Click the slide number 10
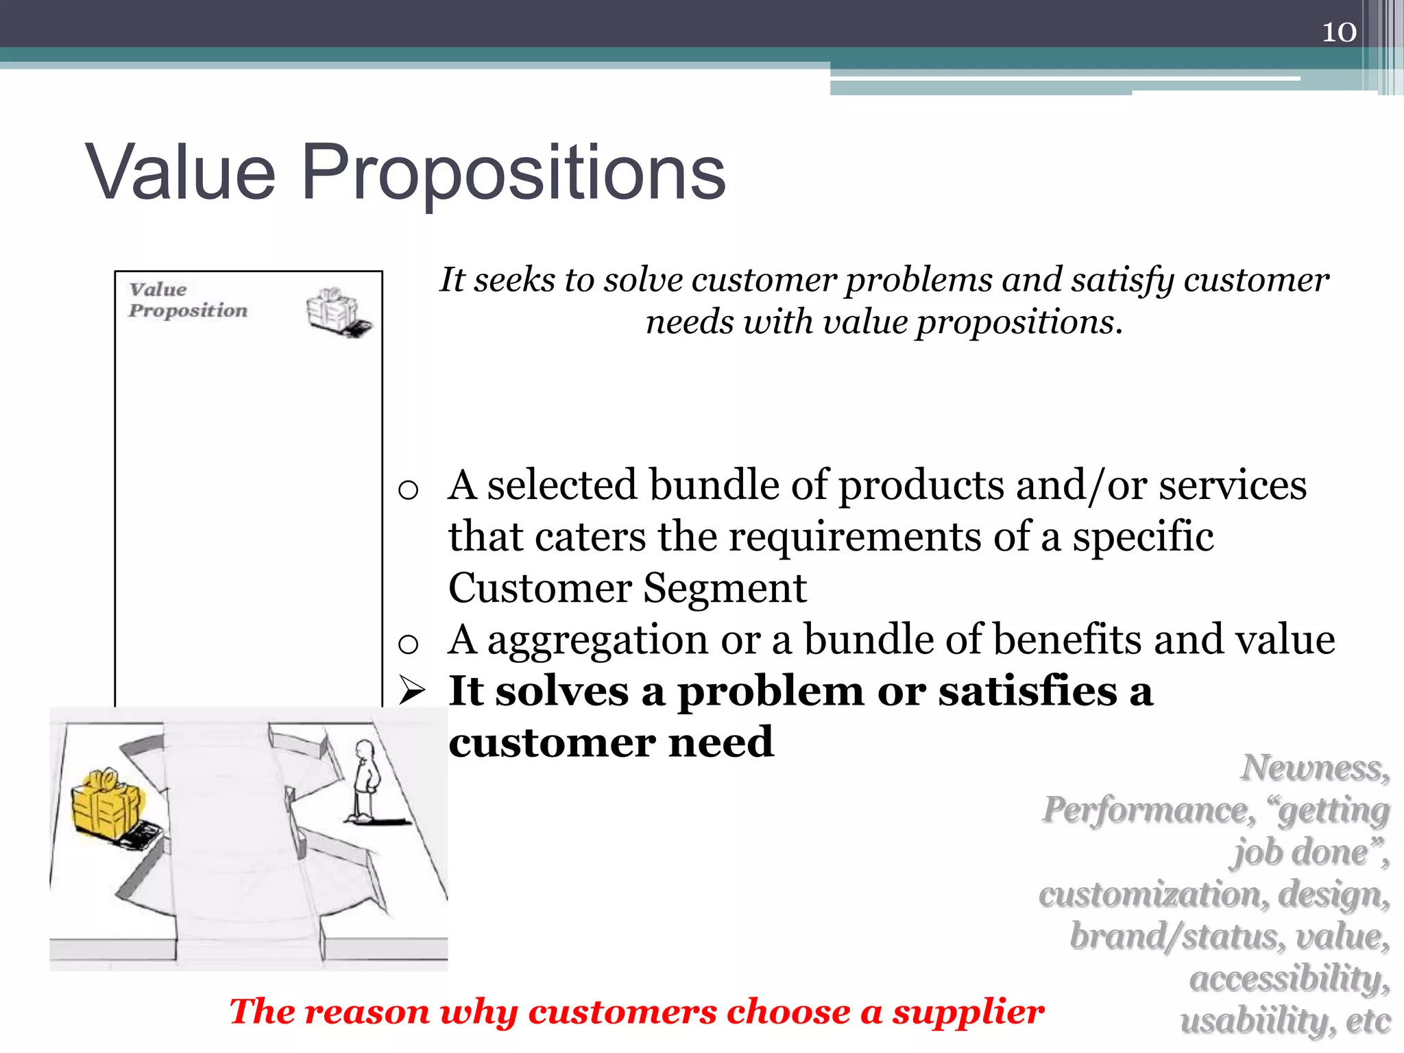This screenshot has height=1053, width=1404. pyautogui.click(x=1338, y=32)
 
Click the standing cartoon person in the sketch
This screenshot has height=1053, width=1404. pyautogui.click(x=364, y=782)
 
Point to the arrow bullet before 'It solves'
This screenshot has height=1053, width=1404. pyautogui.click(x=413, y=690)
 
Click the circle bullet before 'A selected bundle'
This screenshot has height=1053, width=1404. pyautogui.click(x=408, y=489)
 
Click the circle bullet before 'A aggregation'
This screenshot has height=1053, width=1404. pyautogui.click(x=408, y=643)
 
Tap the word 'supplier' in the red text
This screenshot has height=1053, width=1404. pyautogui.click(x=967, y=1012)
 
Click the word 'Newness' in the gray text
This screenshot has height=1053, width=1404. pyautogui.click(x=1314, y=768)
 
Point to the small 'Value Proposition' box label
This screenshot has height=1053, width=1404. pyautogui.click(x=187, y=300)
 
